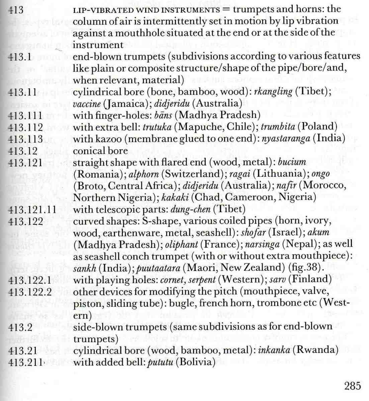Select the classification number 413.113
click(26, 139)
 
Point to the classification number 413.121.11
click(32, 210)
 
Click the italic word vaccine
click(87, 103)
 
